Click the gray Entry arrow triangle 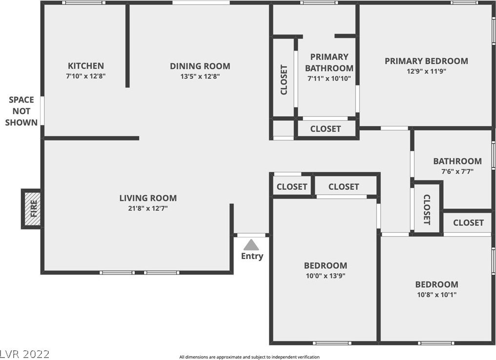point(251,245)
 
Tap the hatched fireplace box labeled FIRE point(31,209)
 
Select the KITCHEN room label point(86,66)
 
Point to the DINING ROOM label point(200,66)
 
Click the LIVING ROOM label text point(148,198)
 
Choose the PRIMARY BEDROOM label point(426,61)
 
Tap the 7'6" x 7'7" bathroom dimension point(457,172)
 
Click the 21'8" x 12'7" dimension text point(148,208)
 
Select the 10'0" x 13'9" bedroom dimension point(326,276)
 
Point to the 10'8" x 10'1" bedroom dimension point(436,295)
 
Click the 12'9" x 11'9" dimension point(426,71)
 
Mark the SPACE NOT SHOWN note point(21,111)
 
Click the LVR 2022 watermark point(25,354)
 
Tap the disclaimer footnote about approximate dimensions point(249,357)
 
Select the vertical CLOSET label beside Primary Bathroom point(284,80)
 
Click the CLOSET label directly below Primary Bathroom point(326,129)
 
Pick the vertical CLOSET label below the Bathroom point(427,210)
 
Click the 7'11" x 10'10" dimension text point(330,79)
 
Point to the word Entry point(252,256)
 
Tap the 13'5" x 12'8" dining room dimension point(200,76)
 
